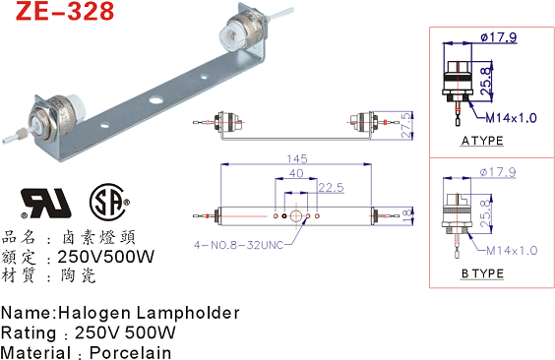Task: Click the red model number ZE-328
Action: (x=65, y=11)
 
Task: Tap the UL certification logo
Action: (x=46, y=203)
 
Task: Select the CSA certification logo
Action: (x=109, y=202)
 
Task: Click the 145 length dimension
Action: (x=297, y=158)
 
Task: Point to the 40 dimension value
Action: (x=296, y=173)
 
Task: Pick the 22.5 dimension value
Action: (x=331, y=188)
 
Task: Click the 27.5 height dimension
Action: (x=406, y=125)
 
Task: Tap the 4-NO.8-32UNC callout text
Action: (x=239, y=245)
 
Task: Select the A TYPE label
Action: (x=482, y=141)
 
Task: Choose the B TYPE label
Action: (x=482, y=273)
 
